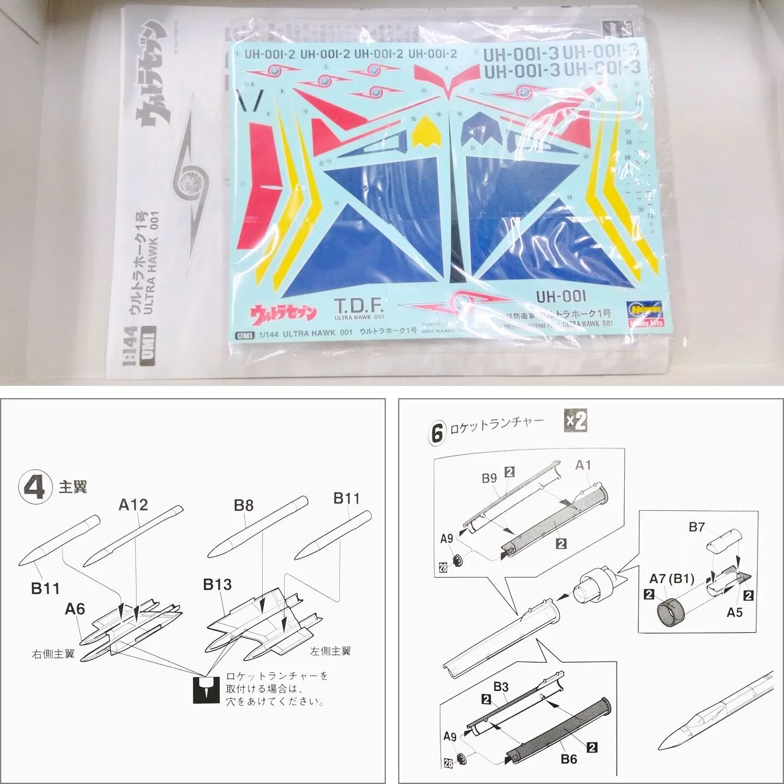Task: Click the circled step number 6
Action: point(436,433)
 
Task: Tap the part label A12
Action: point(134,505)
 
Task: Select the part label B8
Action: point(243,505)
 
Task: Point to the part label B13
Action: point(217,584)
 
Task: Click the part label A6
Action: point(75,609)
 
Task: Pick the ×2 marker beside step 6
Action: point(575,421)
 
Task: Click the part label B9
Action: point(489,478)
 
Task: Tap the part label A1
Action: point(583,466)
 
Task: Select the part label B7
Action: point(696,527)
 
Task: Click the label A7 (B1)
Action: point(672,579)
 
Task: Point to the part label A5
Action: point(734,612)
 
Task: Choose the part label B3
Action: point(500,687)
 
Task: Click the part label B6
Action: point(568,759)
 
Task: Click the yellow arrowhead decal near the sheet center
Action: point(427,134)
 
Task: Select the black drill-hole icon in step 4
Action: point(206,690)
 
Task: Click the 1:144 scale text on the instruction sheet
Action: point(130,355)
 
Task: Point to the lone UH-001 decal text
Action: point(560,296)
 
